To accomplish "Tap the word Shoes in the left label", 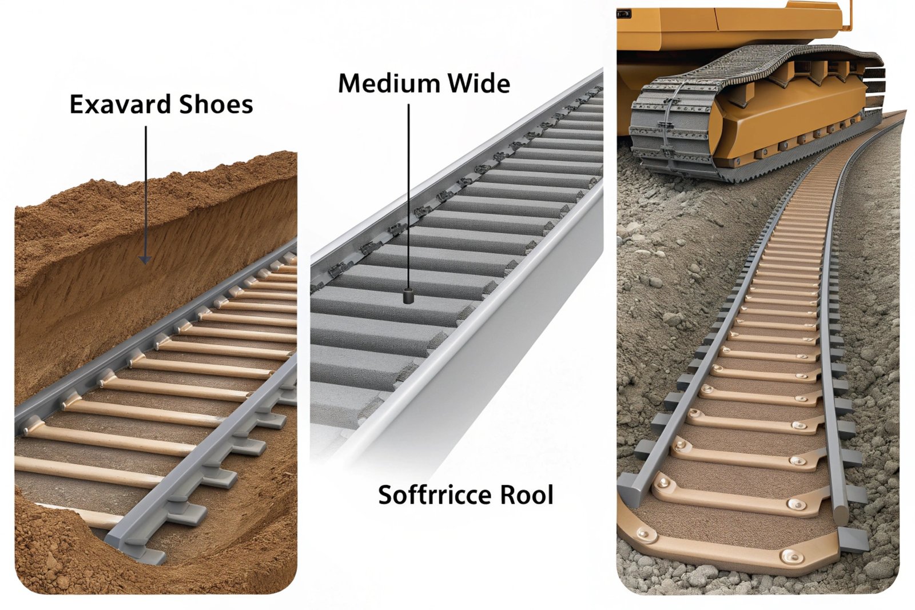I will [216, 105].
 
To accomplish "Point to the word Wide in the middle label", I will [479, 83].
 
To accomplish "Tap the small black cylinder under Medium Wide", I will [408, 296].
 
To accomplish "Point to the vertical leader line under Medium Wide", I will [408, 194].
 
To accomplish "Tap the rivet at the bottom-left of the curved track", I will [647, 535].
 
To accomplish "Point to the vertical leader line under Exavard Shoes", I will [145, 189].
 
